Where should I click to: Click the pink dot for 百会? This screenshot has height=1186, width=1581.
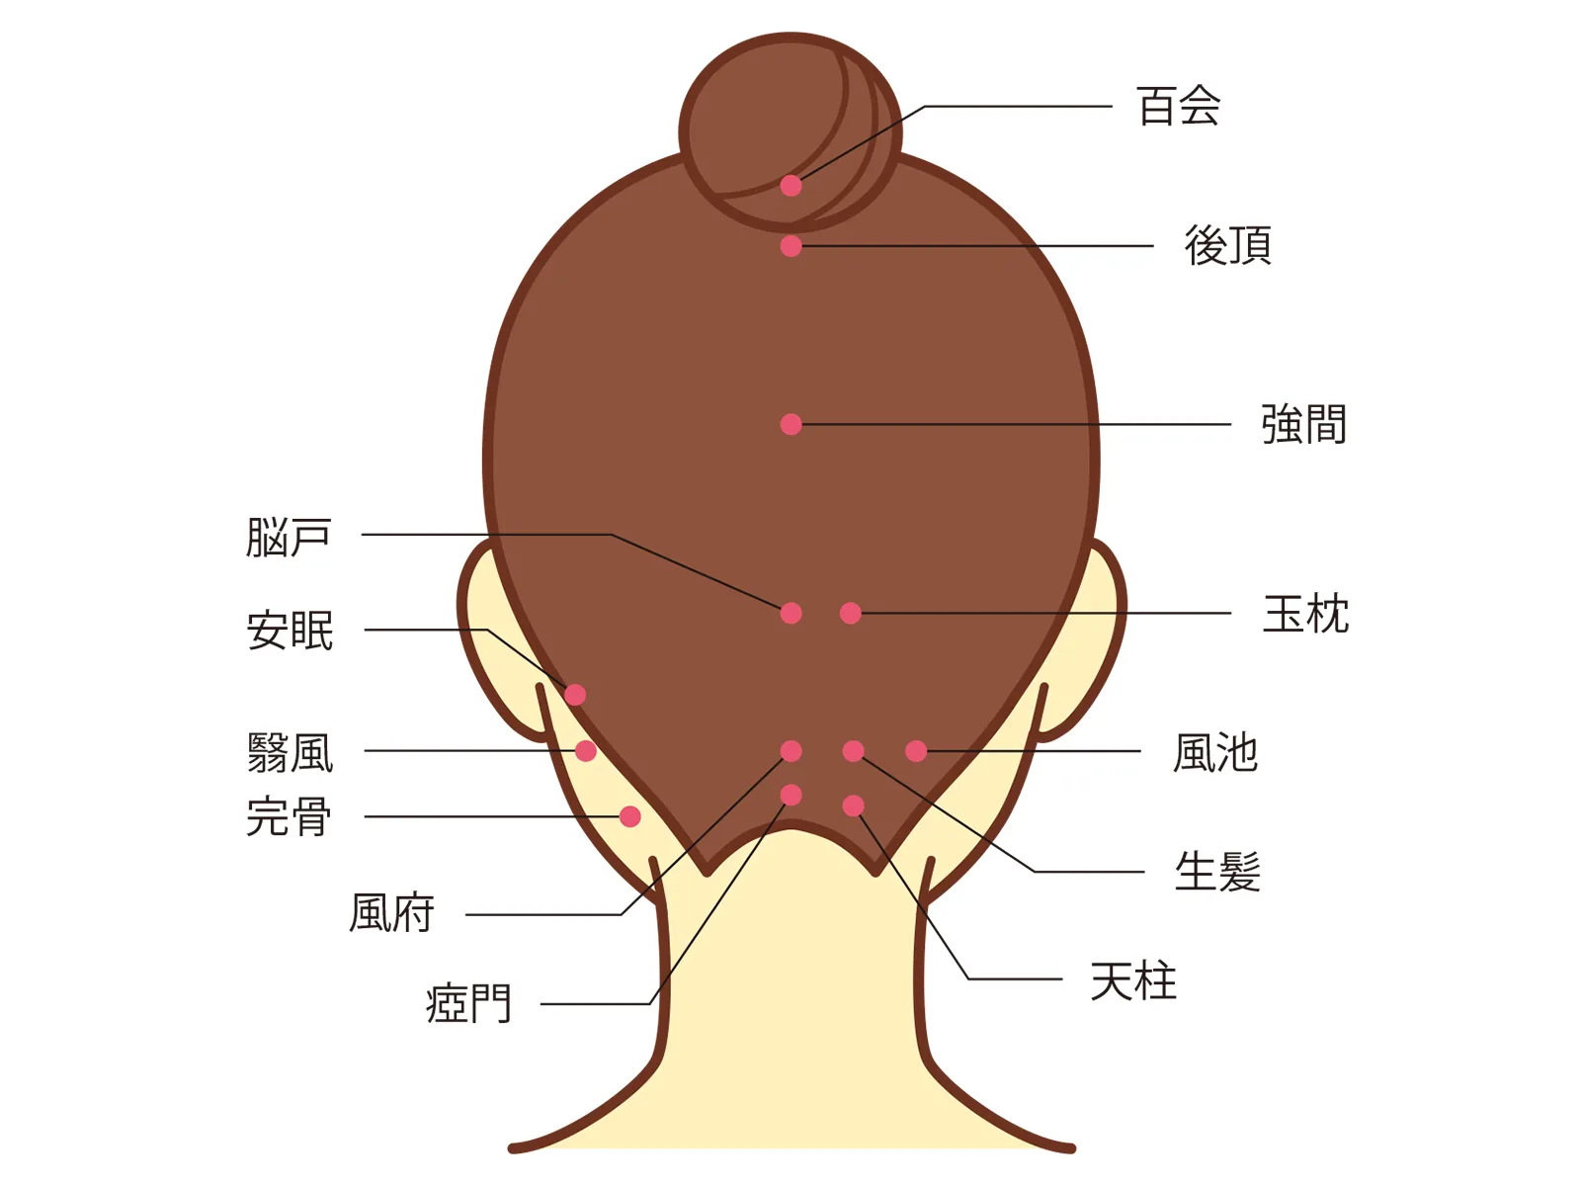(790, 186)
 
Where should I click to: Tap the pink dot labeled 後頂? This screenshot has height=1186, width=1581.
(790, 246)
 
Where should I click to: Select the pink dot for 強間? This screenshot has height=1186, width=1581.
(790, 424)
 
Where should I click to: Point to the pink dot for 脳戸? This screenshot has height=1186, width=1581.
(790, 613)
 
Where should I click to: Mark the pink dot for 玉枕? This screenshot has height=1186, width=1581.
(851, 613)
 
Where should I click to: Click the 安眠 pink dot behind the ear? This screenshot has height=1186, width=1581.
(575, 695)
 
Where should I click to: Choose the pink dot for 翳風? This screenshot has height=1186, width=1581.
(586, 751)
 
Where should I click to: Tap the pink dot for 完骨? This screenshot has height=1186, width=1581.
(630, 816)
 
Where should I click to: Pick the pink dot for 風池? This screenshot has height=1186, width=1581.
(916, 751)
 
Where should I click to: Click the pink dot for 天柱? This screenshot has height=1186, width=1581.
(854, 805)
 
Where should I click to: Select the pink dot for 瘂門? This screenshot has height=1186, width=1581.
(790, 795)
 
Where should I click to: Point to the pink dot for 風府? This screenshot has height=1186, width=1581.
(790, 751)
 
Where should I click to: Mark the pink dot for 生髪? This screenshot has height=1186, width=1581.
(854, 751)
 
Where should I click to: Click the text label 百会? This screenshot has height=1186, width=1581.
(1179, 106)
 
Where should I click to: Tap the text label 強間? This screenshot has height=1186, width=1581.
(1303, 424)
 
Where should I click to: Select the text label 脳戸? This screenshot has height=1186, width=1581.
(289, 538)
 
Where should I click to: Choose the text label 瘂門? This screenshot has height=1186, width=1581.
(469, 1003)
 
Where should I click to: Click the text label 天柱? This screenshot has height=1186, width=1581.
(1133, 980)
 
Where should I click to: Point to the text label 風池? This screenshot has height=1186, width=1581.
(1215, 753)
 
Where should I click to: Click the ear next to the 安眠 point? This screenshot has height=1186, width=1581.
(497, 648)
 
